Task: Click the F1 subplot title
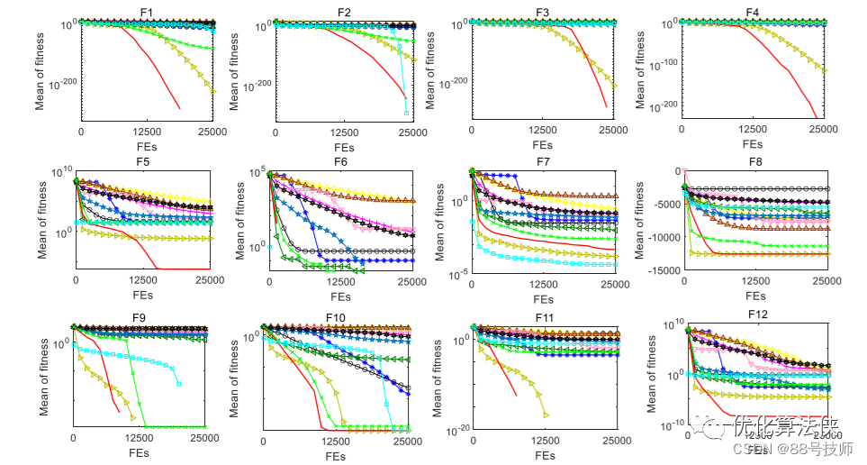[x=147, y=11]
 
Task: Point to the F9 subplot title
[x=139, y=317]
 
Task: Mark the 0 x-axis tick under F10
[x=263, y=442]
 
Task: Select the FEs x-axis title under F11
[x=544, y=456]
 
